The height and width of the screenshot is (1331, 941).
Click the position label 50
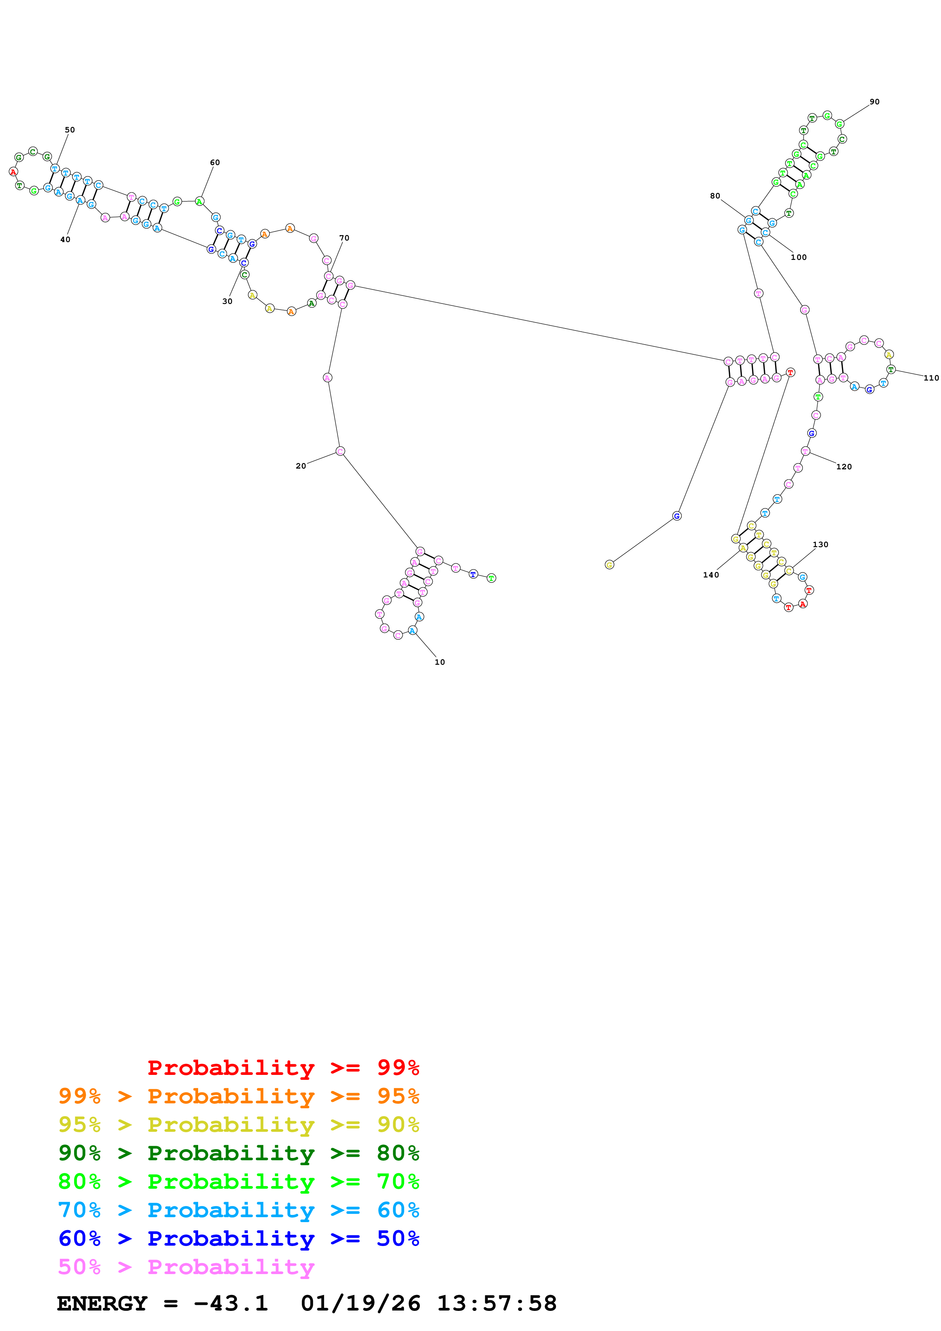[69, 130]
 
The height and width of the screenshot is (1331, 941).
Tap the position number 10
[440, 662]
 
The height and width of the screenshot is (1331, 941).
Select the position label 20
[300, 466]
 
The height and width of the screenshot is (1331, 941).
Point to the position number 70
[344, 238]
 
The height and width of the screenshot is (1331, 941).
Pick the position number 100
[798, 257]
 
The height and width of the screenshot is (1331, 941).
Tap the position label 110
[931, 378]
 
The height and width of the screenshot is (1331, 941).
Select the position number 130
[820, 544]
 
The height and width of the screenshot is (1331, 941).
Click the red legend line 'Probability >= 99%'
[283, 1067]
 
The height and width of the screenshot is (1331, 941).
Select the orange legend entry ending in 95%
[238, 1096]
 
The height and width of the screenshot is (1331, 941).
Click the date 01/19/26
[360, 1303]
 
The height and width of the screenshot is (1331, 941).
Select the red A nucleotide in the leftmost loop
[13, 171]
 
